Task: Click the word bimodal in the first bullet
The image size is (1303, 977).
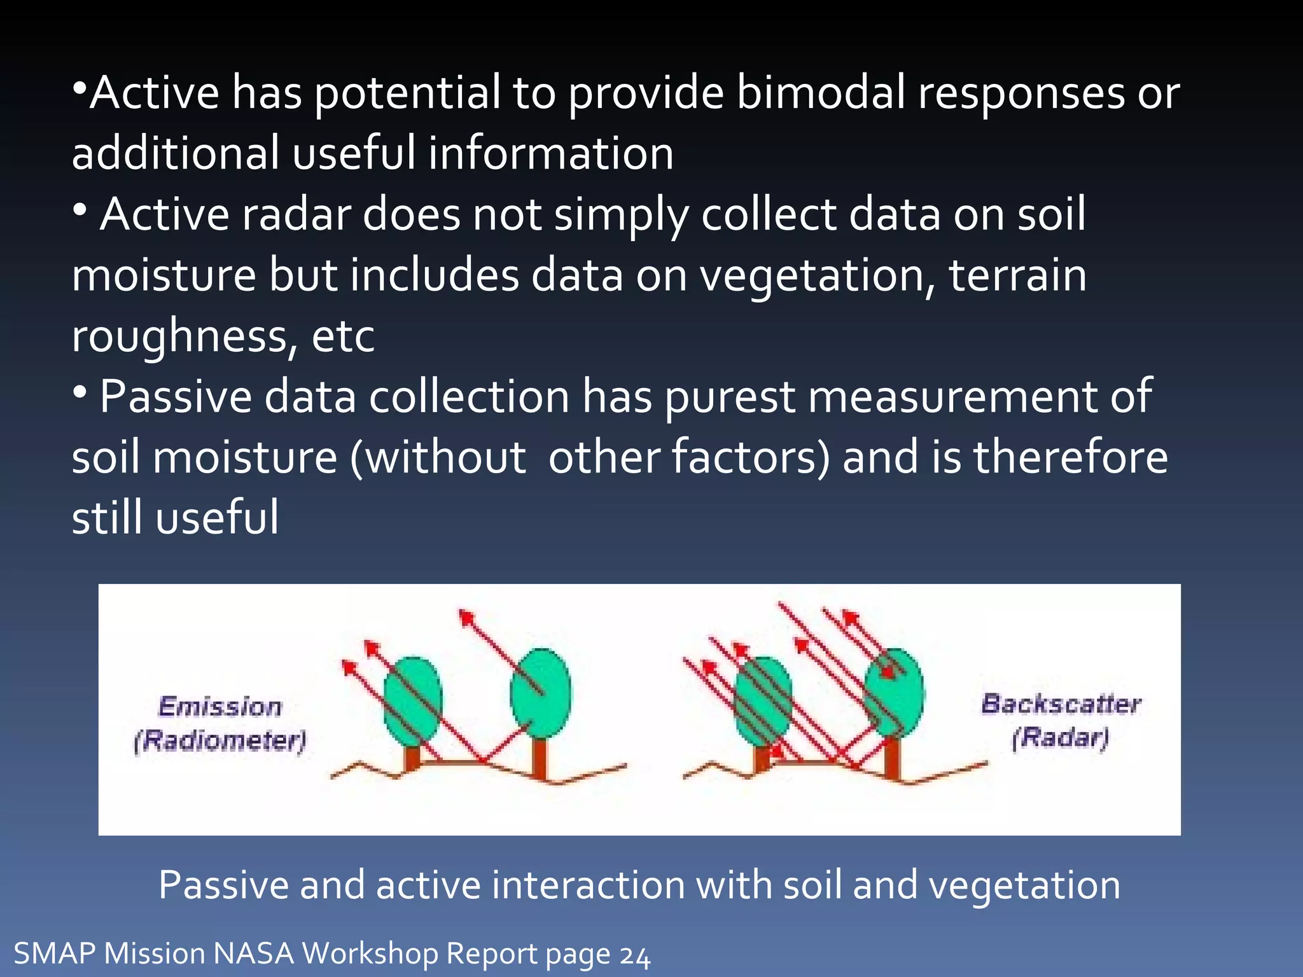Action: (820, 93)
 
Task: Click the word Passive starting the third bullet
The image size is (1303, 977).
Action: (176, 397)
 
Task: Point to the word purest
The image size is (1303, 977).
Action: (730, 397)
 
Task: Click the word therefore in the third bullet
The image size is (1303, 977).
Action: (1071, 457)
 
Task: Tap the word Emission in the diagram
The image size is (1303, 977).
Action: (220, 707)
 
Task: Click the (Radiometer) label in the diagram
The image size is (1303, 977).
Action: (220, 740)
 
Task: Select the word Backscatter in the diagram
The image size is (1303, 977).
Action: (1061, 703)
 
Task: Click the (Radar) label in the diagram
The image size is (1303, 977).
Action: (1061, 738)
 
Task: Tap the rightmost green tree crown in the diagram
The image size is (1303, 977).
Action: (895, 693)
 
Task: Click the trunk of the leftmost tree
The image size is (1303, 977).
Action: (412, 758)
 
